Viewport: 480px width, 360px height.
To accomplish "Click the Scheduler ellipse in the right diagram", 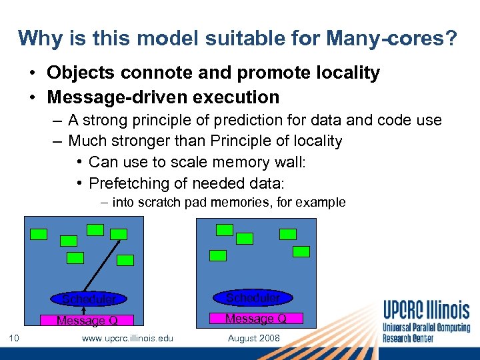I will pyautogui.click(x=253, y=297).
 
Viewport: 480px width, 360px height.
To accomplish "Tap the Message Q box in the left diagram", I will pyautogui.click(x=87, y=321).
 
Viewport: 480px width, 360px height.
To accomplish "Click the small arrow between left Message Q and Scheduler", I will pyautogui.click(x=85, y=310).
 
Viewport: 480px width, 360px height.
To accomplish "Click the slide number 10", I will pyautogui.click(x=14, y=339).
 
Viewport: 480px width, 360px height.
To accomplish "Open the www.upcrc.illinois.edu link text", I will pyautogui.click(x=127, y=339).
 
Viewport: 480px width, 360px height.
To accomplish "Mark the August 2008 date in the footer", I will pyautogui.click(x=254, y=339).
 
